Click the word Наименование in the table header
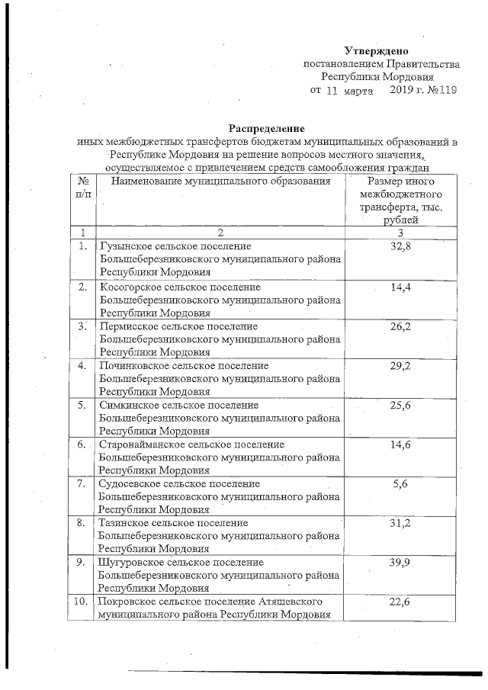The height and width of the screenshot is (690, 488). click(149, 181)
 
